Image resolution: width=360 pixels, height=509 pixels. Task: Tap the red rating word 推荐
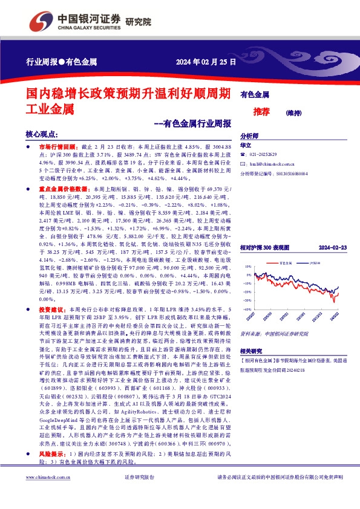click(x=261, y=111)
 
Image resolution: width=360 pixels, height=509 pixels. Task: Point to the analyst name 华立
click(x=246, y=146)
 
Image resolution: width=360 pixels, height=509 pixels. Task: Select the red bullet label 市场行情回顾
click(x=57, y=147)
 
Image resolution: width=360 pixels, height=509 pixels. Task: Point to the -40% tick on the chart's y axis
click(x=247, y=308)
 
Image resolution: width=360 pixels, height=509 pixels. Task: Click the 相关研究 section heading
click(x=249, y=351)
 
